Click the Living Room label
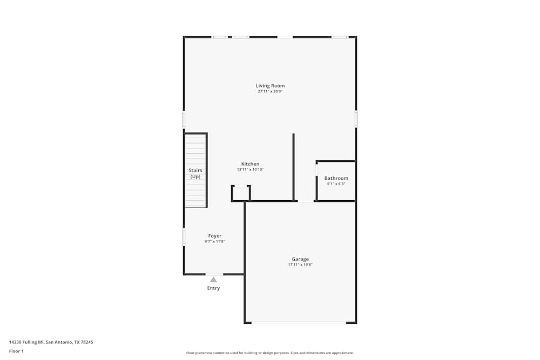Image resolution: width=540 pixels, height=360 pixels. coord(270,86)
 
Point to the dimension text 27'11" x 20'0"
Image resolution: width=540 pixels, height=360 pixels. coord(270,92)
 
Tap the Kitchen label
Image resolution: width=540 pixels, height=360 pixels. coord(250,164)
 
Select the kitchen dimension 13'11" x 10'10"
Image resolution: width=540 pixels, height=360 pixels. coord(250,169)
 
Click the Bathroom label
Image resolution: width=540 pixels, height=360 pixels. coord(336,178)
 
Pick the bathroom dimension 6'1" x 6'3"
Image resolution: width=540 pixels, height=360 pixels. coord(336,184)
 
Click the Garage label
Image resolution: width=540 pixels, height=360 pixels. coord(300,259)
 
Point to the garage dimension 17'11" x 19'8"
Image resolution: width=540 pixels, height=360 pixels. coord(300,265)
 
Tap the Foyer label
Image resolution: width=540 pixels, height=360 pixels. coord(215,236)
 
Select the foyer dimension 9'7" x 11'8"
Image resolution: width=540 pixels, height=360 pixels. coord(215,242)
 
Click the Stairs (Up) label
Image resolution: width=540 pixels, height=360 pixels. coord(195,173)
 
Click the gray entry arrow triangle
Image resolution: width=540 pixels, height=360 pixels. coord(213,280)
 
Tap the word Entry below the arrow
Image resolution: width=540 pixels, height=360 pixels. coord(213,288)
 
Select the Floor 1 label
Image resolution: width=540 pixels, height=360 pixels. coord(16,351)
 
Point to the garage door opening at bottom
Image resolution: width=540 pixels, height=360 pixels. coord(299,323)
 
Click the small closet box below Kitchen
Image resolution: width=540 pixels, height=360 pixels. coord(241,193)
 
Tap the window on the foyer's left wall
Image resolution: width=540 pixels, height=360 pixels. coord(184,237)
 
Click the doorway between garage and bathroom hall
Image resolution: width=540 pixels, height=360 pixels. coord(306,201)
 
